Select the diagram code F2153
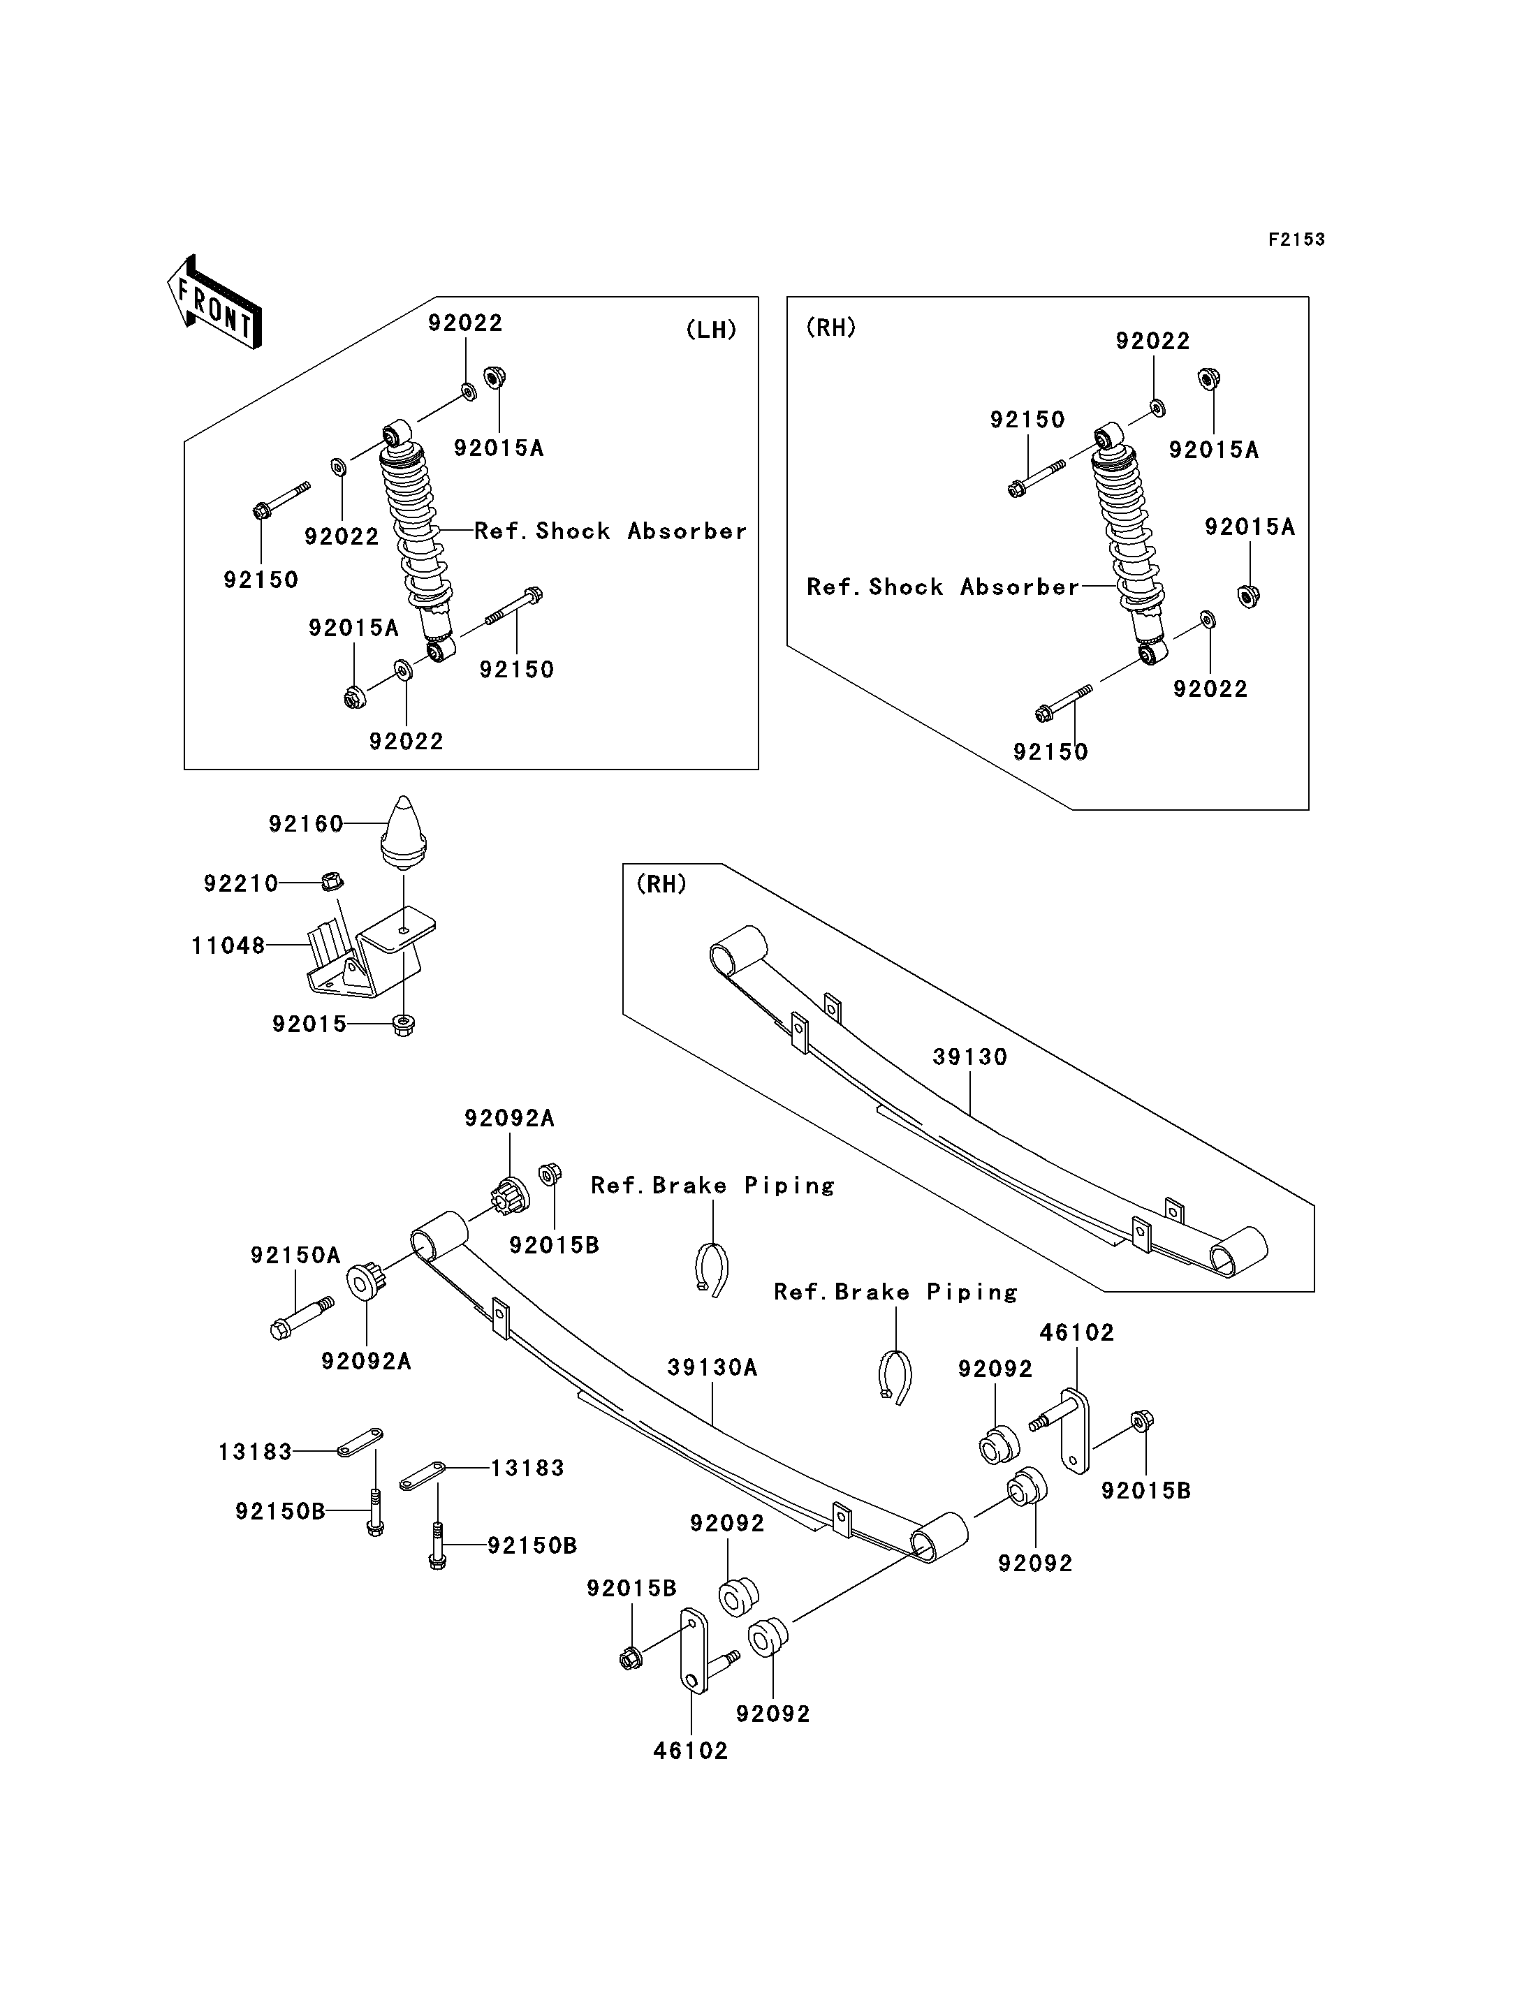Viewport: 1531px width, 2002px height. (x=1296, y=240)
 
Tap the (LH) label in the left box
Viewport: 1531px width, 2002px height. (x=711, y=330)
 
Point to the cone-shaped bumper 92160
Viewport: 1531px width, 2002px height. (x=403, y=830)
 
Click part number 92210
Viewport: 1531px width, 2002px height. (x=240, y=883)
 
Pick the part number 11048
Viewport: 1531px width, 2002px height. (x=228, y=946)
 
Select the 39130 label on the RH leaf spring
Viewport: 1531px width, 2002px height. (x=969, y=1057)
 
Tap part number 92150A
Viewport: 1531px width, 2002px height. (x=295, y=1256)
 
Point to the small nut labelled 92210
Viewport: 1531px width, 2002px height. (x=332, y=881)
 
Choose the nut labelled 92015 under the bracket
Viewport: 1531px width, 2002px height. (x=403, y=1025)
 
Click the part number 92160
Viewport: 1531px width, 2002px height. (x=305, y=824)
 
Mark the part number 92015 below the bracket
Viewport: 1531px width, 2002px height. (x=309, y=1024)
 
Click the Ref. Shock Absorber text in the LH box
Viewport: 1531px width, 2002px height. (x=610, y=531)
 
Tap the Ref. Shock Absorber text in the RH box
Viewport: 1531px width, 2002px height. (x=942, y=587)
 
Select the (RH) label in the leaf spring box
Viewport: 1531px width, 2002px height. (x=661, y=884)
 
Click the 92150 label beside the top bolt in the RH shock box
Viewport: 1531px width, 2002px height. (x=1027, y=420)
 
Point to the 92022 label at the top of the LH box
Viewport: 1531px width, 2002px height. (x=464, y=323)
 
